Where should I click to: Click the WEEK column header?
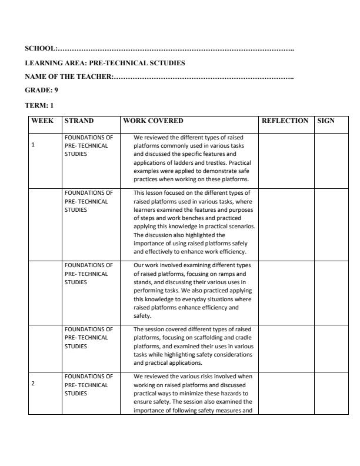point(42,121)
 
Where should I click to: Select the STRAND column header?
point(79,121)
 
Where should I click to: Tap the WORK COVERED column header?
point(153,121)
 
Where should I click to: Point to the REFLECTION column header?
point(285,121)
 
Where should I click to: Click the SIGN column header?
point(325,121)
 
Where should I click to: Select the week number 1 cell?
point(33,145)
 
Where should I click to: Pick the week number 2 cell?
point(33,384)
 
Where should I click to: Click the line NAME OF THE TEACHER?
point(68,76)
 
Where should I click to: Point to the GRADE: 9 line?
point(41,91)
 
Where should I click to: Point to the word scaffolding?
point(199,338)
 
